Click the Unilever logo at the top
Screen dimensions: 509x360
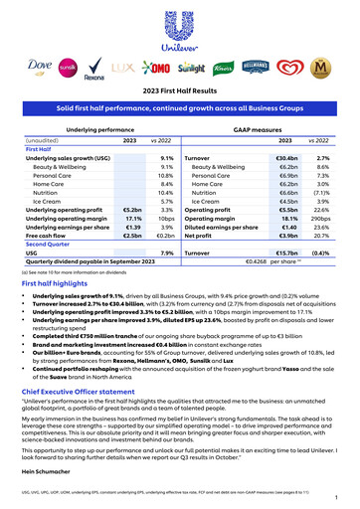179,29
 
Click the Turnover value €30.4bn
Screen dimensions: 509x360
286,158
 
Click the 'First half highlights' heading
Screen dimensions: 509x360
57,282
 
